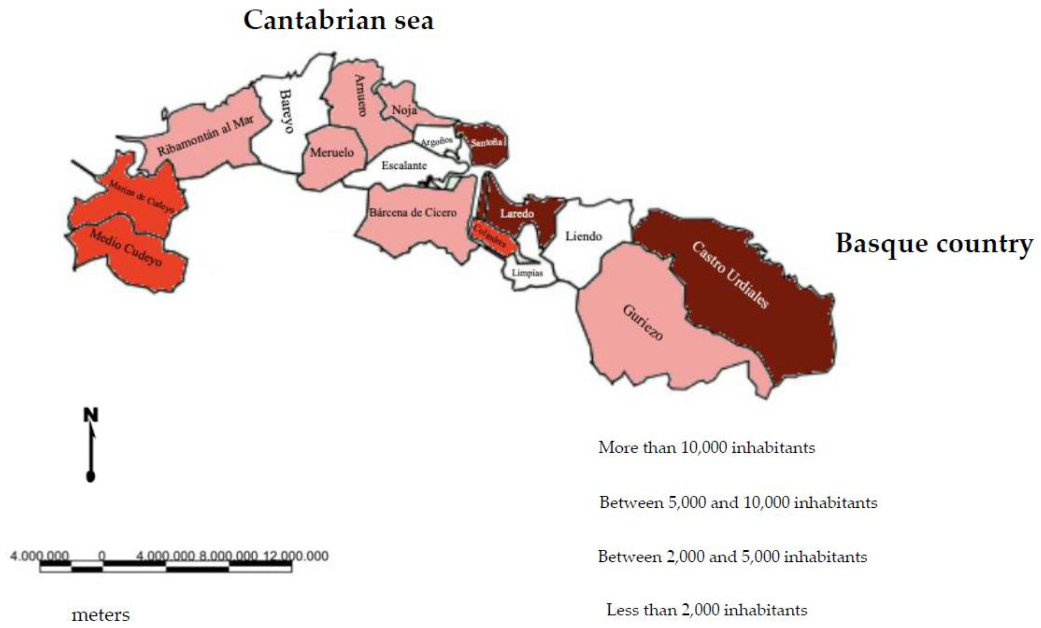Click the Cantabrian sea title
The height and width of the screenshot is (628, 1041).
pyautogui.click(x=338, y=20)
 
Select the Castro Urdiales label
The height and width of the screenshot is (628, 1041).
pyautogui.click(x=730, y=275)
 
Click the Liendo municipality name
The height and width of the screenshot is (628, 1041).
pyautogui.click(x=584, y=236)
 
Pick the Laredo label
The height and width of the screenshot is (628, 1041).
pyautogui.click(x=517, y=214)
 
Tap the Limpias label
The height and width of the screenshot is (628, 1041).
pyautogui.click(x=527, y=273)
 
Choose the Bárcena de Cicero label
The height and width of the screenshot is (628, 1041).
pyautogui.click(x=413, y=212)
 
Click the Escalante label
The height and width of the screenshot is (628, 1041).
pyautogui.click(x=404, y=165)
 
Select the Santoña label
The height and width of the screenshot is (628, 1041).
pyautogui.click(x=486, y=142)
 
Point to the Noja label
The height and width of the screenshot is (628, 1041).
pyautogui.click(x=404, y=110)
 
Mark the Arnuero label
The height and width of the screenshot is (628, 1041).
pyautogui.click(x=360, y=96)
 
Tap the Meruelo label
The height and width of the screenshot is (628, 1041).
pyautogui.click(x=332, y=152)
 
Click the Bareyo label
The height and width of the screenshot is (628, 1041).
pyautogui.click(x=287, y=111)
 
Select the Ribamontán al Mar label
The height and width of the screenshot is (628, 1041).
pyautogui.click(x=206, y=135)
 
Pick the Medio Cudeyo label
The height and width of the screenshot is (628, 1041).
pyautogui.click(x=125, y=248)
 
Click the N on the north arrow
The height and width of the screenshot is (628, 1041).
pyautogui.click(x=91, y=415)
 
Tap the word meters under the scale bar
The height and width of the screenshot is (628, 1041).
pyautogui.click(x=101, y=615)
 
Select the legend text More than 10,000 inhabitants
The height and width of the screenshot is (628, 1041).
pyautogui.click(x=706, y=447)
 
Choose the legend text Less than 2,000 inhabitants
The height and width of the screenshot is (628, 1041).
pyautogui.click(x=706, y=610)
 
